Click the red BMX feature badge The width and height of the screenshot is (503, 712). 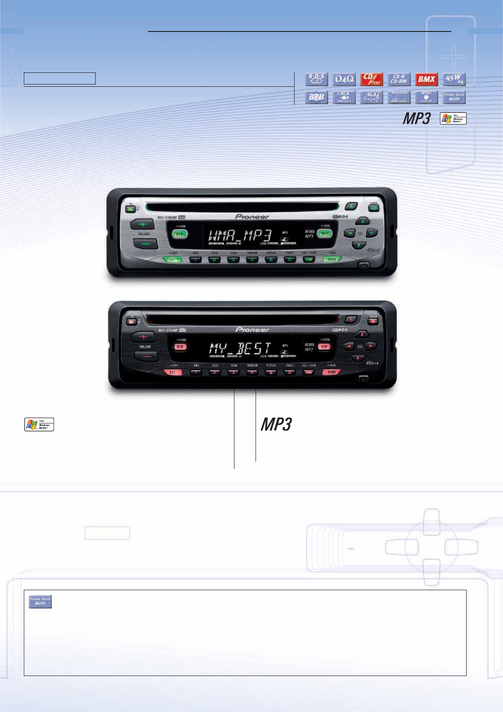coord(426,80)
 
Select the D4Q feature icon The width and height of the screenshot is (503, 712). coord(344,80)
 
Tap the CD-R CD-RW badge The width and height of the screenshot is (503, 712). coord(399,80)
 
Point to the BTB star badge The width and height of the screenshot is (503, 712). coord(317,97)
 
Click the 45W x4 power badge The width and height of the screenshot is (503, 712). coord(454,80)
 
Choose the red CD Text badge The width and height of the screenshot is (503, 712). coord(371,80)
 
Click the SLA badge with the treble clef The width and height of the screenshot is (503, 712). coord(371,97)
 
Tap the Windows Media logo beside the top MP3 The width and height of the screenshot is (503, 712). coord(453,118)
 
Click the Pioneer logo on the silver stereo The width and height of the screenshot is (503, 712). coord(252,217)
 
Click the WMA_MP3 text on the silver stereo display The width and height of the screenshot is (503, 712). coord(240,235)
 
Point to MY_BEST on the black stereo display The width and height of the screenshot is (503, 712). coord(240,348)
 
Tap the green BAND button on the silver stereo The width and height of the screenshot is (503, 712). coord(332,259)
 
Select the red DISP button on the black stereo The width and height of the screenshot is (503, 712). coord(324,347)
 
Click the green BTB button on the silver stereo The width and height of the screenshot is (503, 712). coord(180,234)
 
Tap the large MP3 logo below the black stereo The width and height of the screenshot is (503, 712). coord(276,424)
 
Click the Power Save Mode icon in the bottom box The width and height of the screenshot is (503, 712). coord(40,601)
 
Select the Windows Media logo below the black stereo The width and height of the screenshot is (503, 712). coord(39,424)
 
